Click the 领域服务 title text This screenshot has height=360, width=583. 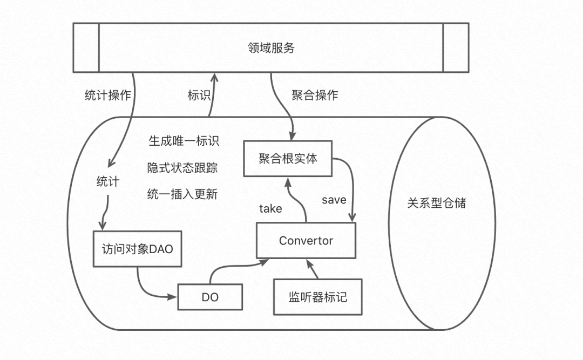click(x=270, y=48)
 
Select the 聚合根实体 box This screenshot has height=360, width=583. click(x=287, y=159)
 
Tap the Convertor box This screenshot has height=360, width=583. click(x=306, y=240)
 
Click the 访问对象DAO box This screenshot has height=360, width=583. click(x=137, y=249)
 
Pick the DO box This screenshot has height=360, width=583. click(x=209, y=297)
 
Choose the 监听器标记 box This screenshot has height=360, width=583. click(x=317, y=297)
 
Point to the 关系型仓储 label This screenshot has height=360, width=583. click(x=436, y=203)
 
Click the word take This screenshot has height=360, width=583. click(x=270, y=209)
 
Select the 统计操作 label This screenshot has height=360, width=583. click(x=108, y=96)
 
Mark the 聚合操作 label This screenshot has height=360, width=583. click(x=315, y=96)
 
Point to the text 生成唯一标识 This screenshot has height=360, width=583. click(x=184, y=141)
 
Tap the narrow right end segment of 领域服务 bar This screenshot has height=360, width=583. click(x=456, y=48)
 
